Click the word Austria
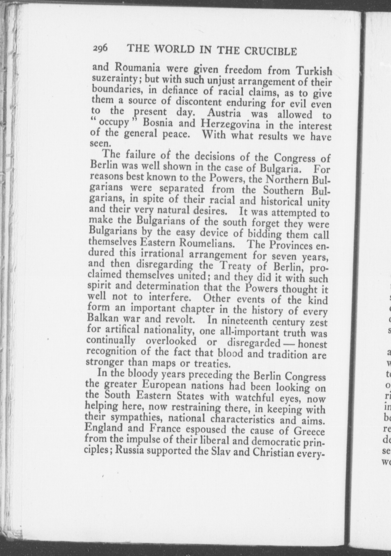tap(224, 113)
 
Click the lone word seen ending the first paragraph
tap(97, 143)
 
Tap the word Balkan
tap(104, 318)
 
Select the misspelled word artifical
tap(122, 329)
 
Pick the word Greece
tap(309, 432)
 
